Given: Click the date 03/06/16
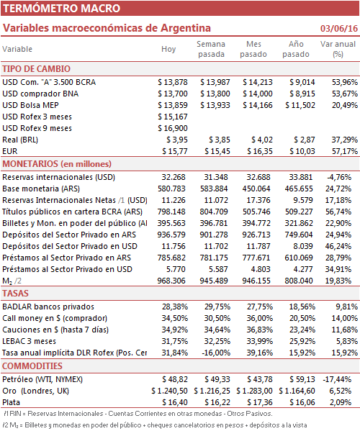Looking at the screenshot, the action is (339, 28).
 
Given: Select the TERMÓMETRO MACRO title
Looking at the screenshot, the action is (62, 8).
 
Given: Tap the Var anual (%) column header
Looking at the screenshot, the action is (338, 49).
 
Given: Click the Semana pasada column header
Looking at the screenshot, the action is (211, 49).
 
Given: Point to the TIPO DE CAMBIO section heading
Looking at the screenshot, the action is (36, 69).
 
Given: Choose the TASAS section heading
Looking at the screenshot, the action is (15, 294).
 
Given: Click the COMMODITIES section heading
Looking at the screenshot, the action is (32, 366).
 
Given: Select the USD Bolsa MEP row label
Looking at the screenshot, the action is (30, 105).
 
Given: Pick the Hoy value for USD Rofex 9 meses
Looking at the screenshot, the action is (173, 128).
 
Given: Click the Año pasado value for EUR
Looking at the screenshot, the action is (302, 151).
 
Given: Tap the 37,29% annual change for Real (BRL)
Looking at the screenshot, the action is (345, 140).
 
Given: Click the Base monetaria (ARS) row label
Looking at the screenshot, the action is (41, 189).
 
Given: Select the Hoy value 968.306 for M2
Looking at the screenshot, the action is (171, 281).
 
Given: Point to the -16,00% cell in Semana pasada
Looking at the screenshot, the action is (216, 353).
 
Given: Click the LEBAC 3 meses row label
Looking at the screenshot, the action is (29, 341).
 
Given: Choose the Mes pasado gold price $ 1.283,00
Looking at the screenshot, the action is (254, 391).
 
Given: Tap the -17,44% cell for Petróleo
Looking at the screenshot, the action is (337, 380).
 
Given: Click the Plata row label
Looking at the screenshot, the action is (11, 402).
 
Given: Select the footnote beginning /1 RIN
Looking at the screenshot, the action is (138, 414).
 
